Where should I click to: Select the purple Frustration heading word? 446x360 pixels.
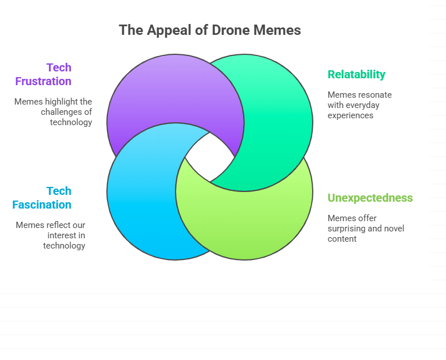click(43, 81)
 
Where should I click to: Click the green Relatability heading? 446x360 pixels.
click(356, 74)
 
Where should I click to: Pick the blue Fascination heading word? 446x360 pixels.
click(42, 205)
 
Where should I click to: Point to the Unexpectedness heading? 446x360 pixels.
click(370, 198)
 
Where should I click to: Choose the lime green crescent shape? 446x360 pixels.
click(245, 222)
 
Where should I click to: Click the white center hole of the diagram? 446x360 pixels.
click(210, 157)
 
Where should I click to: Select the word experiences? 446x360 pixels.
click(351, 116)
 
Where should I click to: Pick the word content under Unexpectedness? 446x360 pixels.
click(342, 239)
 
